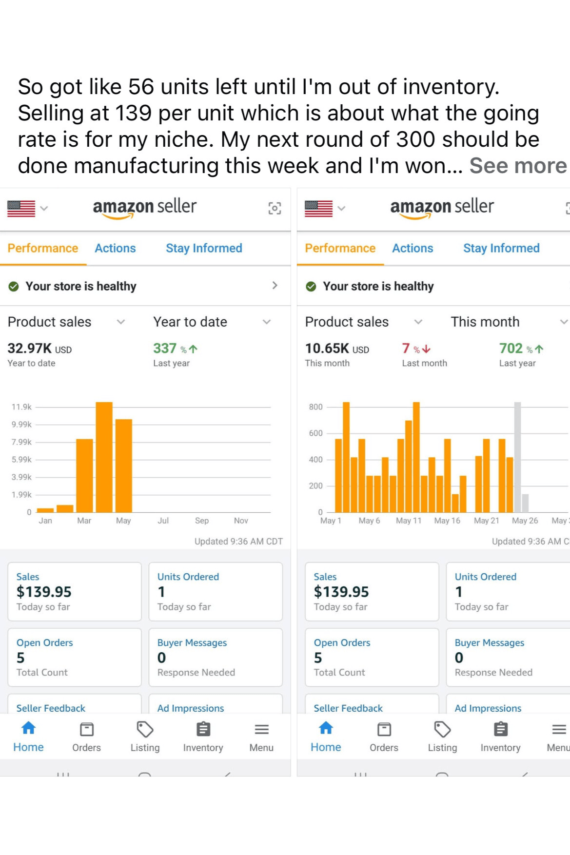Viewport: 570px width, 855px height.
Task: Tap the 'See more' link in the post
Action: point(518,166)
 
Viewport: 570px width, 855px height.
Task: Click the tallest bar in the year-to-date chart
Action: point(104,457)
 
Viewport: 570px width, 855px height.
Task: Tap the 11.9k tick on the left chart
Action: point(21,407)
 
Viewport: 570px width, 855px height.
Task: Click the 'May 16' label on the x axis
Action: point(447,521)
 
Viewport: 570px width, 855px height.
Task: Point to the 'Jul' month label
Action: point(163,521)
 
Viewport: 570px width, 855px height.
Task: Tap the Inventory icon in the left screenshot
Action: point(203,730)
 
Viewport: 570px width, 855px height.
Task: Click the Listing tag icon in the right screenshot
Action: point(442,730)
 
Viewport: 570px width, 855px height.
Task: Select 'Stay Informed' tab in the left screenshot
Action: point(204,248)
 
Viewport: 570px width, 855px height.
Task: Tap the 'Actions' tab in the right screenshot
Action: point(413,248)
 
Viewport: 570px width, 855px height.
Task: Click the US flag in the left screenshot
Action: point(21,208)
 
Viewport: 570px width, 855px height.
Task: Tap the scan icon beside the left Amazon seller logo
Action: point(275,208)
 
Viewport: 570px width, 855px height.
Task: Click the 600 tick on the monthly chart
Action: point(315,433)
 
